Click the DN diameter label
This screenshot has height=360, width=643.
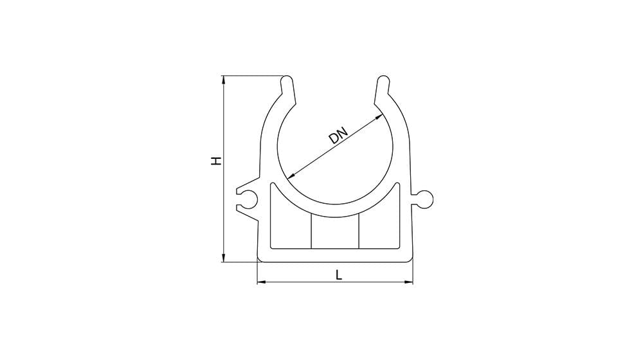point(338,135)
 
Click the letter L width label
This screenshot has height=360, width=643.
point(339,274)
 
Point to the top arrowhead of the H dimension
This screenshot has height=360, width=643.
point(224,80)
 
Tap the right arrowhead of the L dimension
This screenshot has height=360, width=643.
point(408,282)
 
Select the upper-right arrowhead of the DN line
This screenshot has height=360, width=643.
point(379,117)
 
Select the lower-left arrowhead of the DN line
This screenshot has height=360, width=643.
point(291,176)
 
